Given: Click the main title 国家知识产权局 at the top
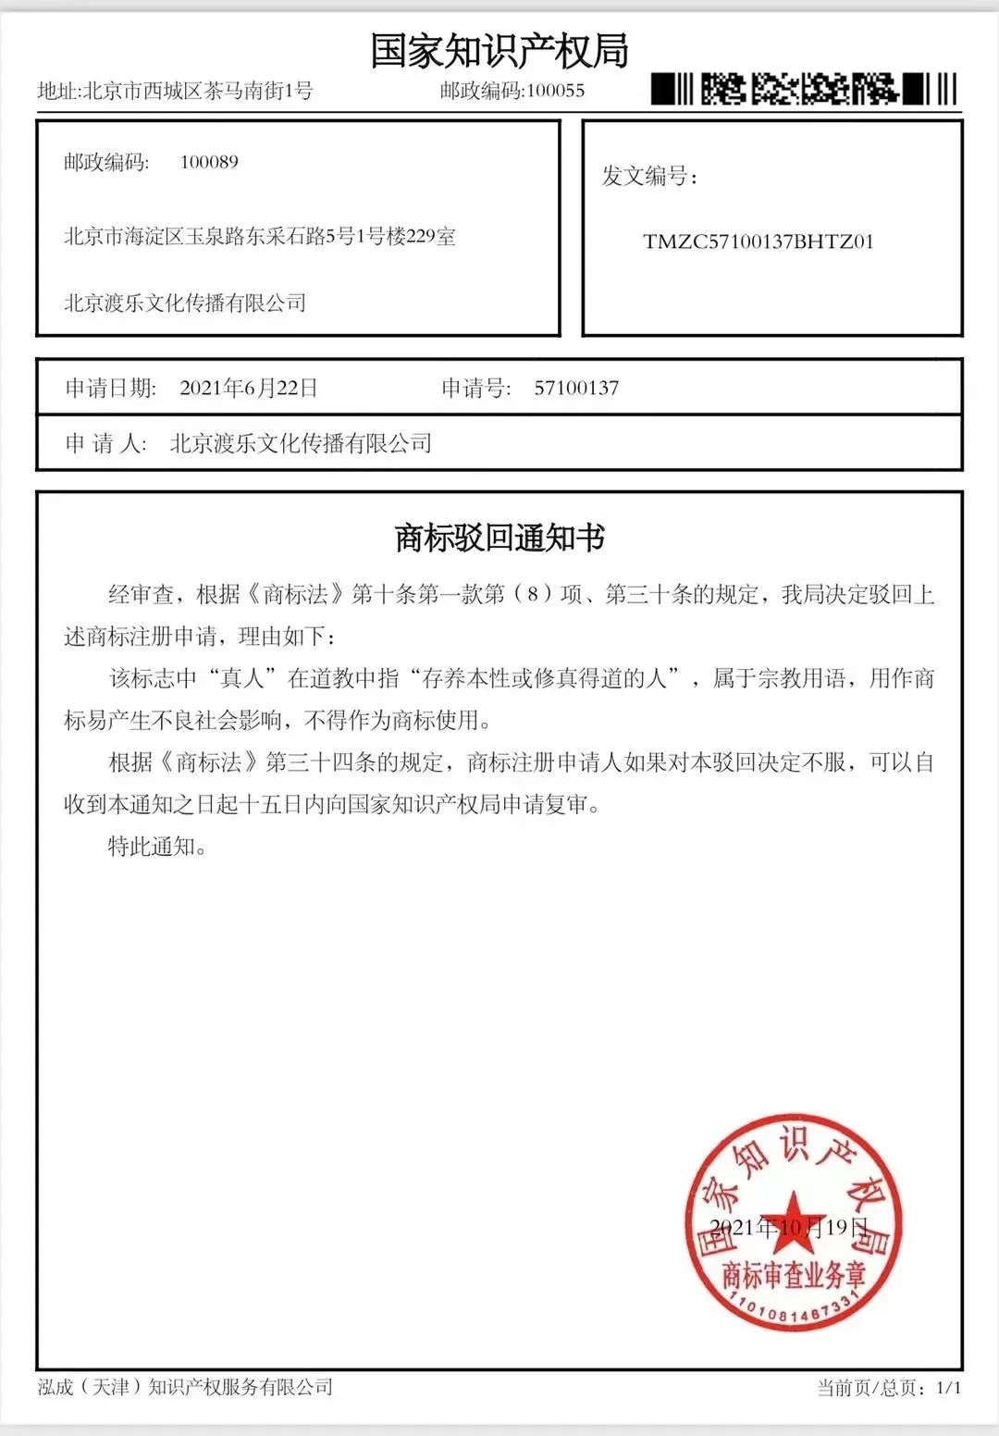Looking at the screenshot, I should point(499,50).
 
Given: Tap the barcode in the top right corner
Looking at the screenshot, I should point(804,90).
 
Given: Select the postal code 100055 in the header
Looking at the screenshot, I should point(556,91).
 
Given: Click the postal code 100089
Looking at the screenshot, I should point(209,162).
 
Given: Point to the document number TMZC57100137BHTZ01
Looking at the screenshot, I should point(758,242).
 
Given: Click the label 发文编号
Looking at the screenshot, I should point(648,176).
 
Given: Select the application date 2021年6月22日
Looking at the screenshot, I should point(249,388).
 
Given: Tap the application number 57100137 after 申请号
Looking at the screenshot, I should point(576,388).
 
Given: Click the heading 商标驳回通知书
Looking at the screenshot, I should point(499,538).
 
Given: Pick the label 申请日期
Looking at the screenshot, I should point(111,388).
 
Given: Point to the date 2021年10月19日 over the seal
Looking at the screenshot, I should point(788,1228).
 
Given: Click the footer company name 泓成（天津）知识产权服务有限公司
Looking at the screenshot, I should point(185,1387).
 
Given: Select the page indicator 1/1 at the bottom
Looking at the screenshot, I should point(949,1388).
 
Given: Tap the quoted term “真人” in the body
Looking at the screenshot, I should point(242,678).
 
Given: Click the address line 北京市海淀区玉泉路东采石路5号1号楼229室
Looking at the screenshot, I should point(260,237).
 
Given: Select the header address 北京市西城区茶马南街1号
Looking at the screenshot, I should point(198,91).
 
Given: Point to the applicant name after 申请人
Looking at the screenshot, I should point(301,443).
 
